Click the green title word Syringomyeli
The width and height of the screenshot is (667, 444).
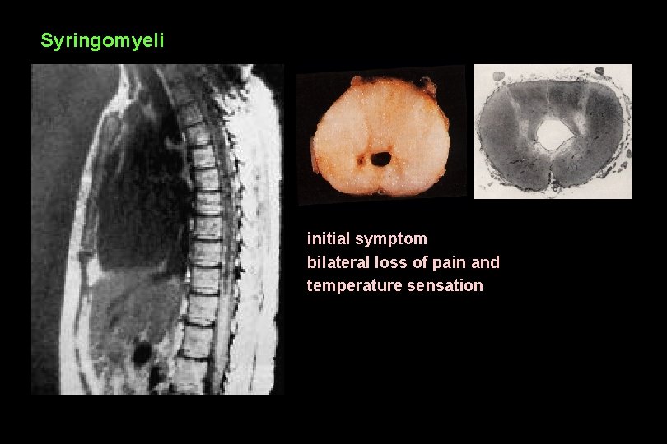coord(103,39)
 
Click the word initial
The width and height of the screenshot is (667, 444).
coord(326,238)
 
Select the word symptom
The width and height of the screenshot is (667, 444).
coord(398,239)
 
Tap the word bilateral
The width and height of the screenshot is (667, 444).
coord(338,262)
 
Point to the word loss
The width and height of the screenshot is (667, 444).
coord(391,262)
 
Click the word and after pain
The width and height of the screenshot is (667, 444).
coord(486,262)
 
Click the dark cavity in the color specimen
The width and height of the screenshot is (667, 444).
coord(380,158)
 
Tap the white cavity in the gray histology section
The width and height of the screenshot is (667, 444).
coord(552,130)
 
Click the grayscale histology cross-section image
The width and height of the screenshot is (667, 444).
coord(553,132)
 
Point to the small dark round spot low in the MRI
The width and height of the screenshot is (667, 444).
coord(142,353)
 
